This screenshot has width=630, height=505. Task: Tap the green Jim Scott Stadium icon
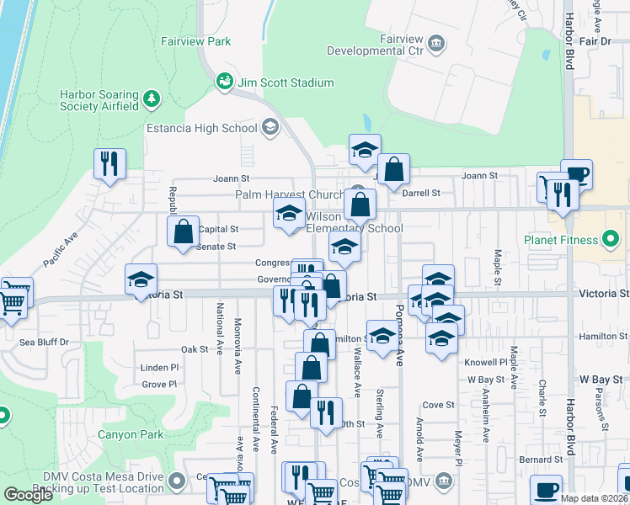224,82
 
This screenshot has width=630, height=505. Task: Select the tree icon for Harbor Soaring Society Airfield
152,99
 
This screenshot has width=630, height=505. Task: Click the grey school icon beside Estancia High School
270,128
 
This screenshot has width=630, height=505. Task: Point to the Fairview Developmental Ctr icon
436,43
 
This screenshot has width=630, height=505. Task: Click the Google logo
28,495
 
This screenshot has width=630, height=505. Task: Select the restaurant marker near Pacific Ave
109,164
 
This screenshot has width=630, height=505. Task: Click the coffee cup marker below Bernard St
546,489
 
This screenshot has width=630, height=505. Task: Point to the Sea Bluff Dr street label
45,343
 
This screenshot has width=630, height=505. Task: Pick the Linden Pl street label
160,368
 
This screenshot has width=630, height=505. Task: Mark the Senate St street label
216,246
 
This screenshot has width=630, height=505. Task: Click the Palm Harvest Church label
290,194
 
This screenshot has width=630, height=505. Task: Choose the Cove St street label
439,404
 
